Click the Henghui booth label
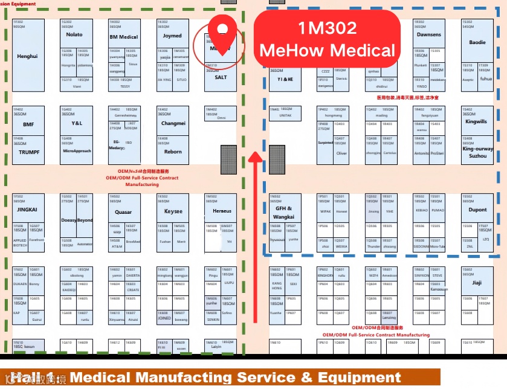[x=28, y=56]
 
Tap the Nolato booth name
[x=74, y=35]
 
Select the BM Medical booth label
[x=123, y=37]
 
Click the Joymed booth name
[x=172, y=36]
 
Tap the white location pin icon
[x=223, y=28]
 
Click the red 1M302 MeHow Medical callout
[x=328, y=38]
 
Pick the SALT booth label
[x=221, y=77]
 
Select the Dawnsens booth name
[x=429, y=35]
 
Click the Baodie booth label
[x=477, y=42]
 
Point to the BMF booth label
[x=28, y=124]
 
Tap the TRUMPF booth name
[x=28, y=152]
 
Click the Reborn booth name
[x=173, y=152]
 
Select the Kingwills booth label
[x=476, y=122]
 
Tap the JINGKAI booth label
[x=28, y=209]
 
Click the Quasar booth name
[x=123, y=212]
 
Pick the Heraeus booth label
[x=222, y=211]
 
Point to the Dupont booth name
[x=477, y=210]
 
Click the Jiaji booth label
[x=477, y=282]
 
